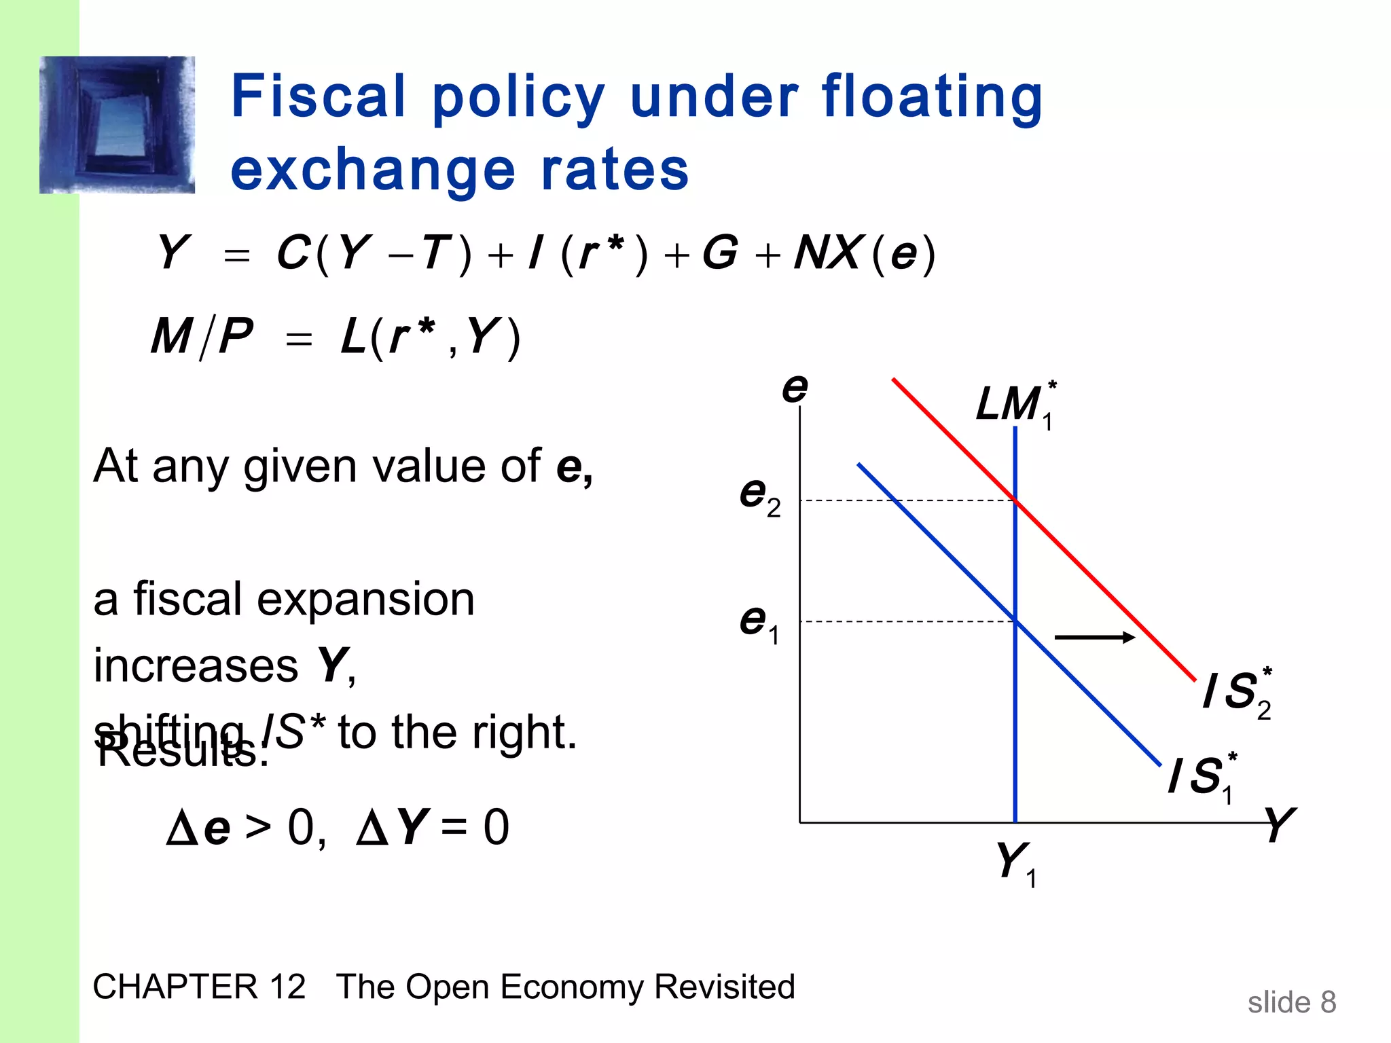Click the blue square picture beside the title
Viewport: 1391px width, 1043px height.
click(x=118, y=125)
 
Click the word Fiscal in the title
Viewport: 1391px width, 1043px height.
click(x=319, y=96)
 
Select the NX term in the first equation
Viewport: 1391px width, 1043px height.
click(x=829, y=253)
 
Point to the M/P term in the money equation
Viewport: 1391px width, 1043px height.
click(x=202, y=337)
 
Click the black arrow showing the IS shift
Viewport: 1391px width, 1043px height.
click(x=1094, y=637)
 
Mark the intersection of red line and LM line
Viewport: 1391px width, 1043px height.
click(x=1015, y=500)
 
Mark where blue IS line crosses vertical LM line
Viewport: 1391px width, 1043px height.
click(x=1015, y=621)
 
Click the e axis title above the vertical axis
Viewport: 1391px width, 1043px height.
click(x=795, y=388)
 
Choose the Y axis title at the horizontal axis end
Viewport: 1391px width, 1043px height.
click(x=1280, y=824)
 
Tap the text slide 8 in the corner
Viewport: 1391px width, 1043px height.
click(x=1291, y=1002)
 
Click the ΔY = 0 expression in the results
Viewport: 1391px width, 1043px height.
click(x=433, y=828)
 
